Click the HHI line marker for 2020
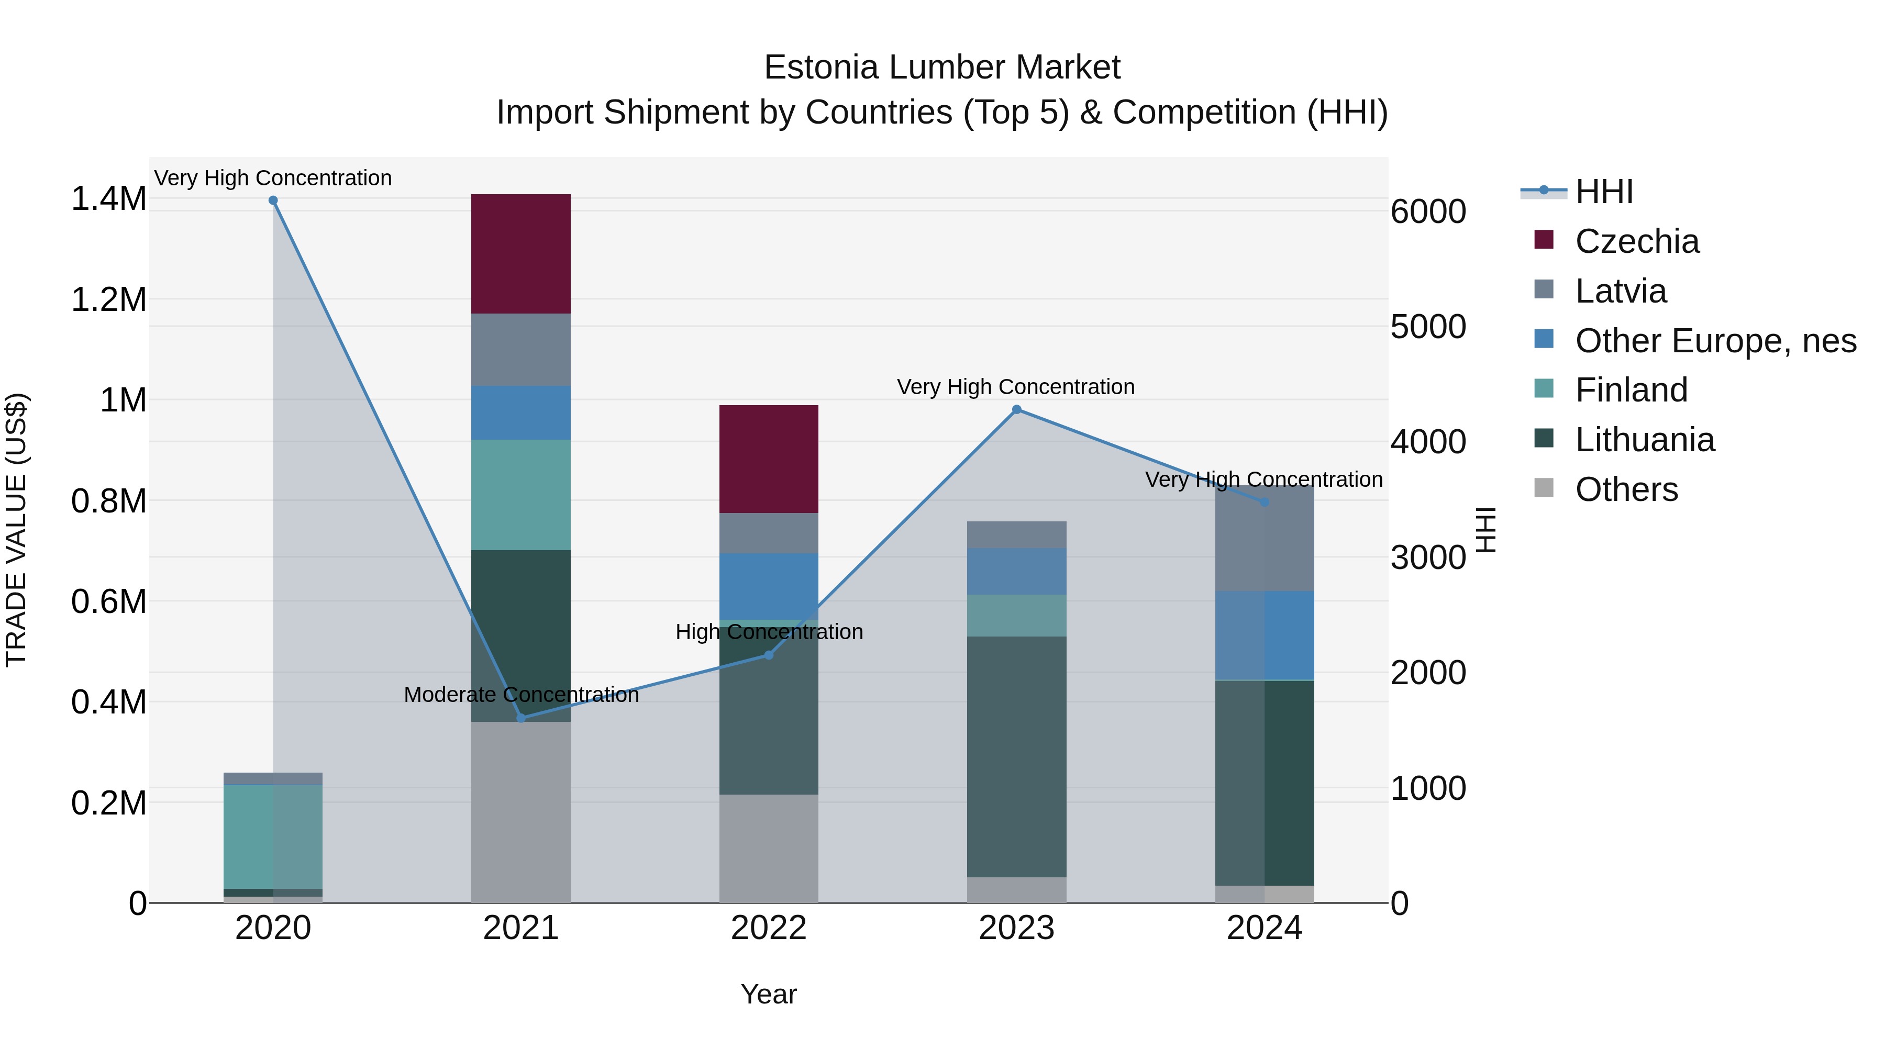tap(273, 200)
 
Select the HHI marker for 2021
tap(521, 718)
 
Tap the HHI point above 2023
tap(1016, 410)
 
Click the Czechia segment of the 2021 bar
tap(520, 254)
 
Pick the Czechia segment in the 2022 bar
tap(768, 459)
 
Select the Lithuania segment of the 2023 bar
tap(1016, 756)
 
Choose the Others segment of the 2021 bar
tap(520, 812)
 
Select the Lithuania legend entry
tap(1644, 440)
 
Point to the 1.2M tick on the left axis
tap(108, 300)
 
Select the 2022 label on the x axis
tap(768, 928)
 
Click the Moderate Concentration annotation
tap(521, 694)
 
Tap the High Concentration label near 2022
tap(768, 631)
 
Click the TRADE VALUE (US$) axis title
tap(16, 530)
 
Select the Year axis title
tap(768, 994)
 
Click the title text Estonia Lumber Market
tap(942, 68)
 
